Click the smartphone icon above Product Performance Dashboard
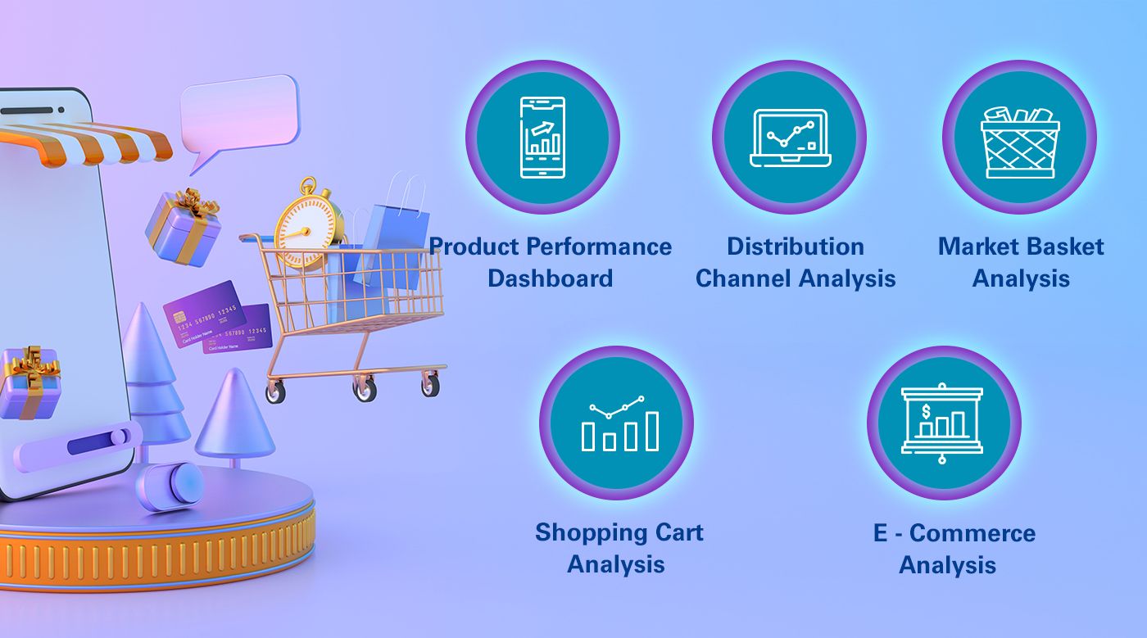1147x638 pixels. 542,138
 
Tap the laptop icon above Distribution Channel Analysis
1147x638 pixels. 790,138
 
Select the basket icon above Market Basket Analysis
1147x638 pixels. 1020,142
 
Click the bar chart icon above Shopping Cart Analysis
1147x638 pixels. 620,423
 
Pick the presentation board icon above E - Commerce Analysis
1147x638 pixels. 942,423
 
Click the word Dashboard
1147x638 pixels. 550,278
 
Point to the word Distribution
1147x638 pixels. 796,247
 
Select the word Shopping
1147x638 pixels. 589,533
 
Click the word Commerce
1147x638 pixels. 972,533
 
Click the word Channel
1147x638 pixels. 744,278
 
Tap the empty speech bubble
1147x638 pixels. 239,115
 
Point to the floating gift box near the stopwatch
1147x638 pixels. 184,228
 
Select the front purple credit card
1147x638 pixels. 204,313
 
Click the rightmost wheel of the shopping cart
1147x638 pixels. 431,385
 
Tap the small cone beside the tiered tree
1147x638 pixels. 235,414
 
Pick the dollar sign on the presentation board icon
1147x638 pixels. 926,411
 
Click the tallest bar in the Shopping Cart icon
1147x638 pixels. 652,431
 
